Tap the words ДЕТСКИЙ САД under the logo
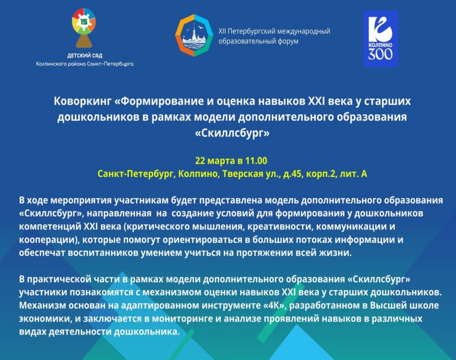pyautogui.click(x=84, y=56)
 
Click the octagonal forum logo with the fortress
pyautogui.click(x=194, y=35)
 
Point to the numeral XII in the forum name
pyautogui.click(x=222, y=31)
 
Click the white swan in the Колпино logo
pyautogui.click(x=380, y=29)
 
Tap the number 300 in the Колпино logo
pyautogui.click(x=380, y=54)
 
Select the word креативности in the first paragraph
pyautogui.click(x=280, y=227)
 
